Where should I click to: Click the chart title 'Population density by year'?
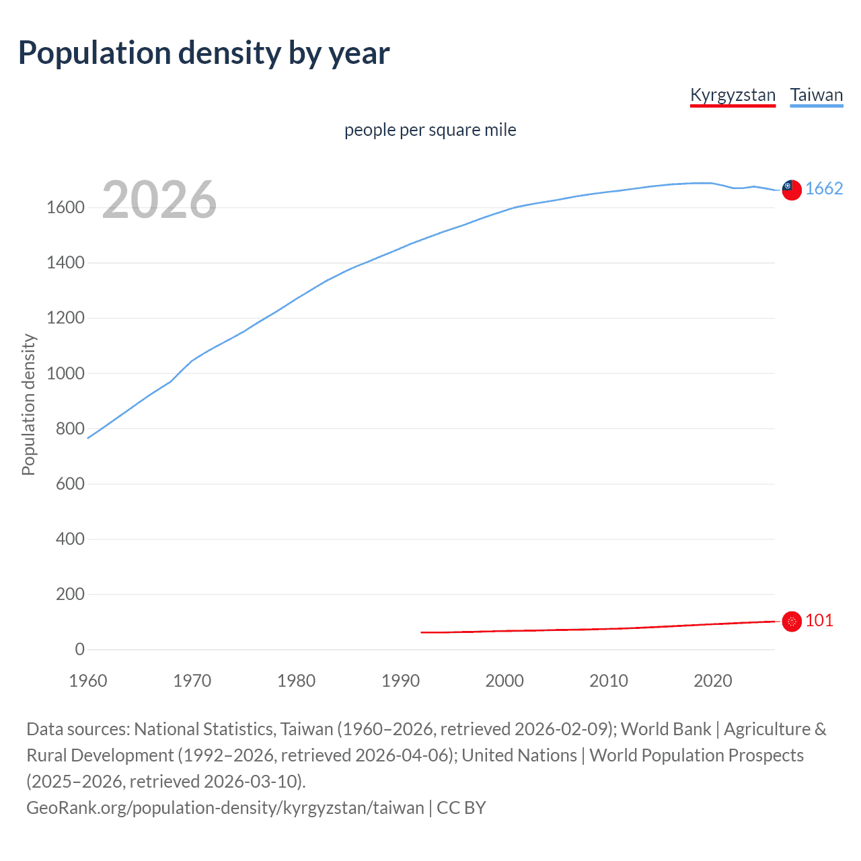coord(204,53)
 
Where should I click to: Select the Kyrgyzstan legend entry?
coord(733,95)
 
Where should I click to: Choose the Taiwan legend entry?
coord(816,95)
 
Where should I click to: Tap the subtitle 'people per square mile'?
coord(430,130)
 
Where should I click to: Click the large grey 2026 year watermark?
coord(159,200)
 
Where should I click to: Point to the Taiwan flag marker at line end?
coord(792,190)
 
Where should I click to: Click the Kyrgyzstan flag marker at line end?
coord(792,622)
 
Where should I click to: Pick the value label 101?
coord(819,620)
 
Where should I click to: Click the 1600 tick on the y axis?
coord(65,207)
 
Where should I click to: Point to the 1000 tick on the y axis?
coord(65,373)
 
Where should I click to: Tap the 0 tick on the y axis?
coord(79,649)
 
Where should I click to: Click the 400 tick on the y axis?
coord(70,539)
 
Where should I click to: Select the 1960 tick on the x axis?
coord(88,681)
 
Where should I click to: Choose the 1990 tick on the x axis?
coord(400,681)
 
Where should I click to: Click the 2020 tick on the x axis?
coord(712,681)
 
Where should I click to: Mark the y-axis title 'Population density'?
coord(28,405)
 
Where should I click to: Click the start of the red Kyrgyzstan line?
coord(422,632)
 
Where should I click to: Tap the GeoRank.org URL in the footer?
coord(225,808)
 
